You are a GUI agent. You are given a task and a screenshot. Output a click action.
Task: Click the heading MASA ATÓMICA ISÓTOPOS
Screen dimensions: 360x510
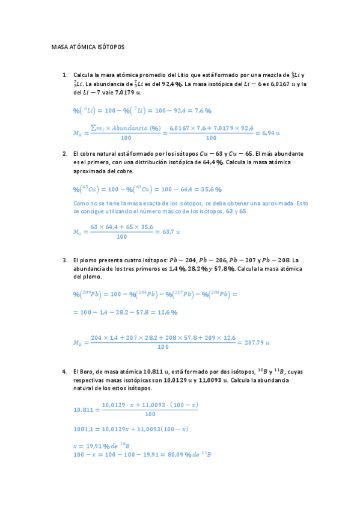coord(87,46)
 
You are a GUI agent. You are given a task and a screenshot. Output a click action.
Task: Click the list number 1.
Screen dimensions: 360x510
coord(64,75)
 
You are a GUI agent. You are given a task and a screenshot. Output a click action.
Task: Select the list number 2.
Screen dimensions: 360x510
coord(64,153)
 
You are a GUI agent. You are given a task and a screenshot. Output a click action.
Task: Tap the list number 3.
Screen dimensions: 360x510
coord(64,260)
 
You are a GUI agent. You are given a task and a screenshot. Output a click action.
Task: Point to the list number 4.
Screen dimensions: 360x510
coord(64,372)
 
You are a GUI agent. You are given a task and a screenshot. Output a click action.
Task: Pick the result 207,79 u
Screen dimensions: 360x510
coord(254,342)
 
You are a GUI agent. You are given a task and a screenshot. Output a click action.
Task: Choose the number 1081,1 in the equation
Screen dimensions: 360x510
coord(82,429)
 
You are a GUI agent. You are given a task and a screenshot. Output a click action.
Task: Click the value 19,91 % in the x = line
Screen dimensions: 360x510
coord(99,446)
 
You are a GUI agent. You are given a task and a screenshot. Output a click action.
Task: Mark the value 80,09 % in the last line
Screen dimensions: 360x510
coord(171,454)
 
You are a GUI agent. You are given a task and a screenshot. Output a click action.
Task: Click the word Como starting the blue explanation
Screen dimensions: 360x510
coord(81,203)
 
